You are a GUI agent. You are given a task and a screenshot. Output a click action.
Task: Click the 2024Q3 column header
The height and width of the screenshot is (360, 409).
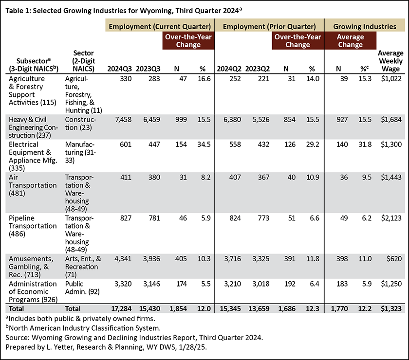(x=119, y=69)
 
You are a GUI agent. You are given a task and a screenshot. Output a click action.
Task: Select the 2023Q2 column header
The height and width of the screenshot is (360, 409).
(x=257, y=69)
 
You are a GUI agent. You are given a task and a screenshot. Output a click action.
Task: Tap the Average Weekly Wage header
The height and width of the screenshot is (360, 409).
(x=390, y=61)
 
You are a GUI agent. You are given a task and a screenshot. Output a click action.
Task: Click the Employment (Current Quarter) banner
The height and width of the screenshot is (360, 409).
(x=160, y=26)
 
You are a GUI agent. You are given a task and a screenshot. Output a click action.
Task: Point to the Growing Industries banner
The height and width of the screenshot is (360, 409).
(x=365, y=26)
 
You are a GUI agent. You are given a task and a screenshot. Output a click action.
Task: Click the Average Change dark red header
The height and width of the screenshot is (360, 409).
(x=350, y=41)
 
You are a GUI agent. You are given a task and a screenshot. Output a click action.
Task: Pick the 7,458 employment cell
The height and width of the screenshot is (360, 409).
(x=123, y=120)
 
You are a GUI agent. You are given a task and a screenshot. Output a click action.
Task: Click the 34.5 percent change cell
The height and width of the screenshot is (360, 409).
(x=204, y=144)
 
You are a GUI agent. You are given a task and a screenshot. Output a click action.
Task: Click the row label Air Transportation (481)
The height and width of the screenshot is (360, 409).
(x=33, y=185)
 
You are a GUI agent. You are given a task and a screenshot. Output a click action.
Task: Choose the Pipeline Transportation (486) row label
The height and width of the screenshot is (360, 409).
(x=33, y=226)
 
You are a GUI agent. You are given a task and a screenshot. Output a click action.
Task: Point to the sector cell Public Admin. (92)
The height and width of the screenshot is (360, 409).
(x=82, y=288)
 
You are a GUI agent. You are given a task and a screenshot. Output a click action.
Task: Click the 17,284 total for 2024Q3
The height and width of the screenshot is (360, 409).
(x=121, y=308)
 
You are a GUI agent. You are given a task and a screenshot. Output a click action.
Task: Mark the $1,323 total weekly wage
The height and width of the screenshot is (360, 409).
(x=391, y=308)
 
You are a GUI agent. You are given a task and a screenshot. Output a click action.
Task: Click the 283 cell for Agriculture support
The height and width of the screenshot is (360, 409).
(x=154, y=79)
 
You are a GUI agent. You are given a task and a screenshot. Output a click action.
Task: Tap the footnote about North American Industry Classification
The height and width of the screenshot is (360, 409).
(x=83, y=328)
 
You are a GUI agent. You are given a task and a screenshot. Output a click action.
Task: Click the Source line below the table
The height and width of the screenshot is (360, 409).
(x=134, y=338)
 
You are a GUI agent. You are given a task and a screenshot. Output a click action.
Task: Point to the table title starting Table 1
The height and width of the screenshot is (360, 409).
(x=124, y=10)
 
